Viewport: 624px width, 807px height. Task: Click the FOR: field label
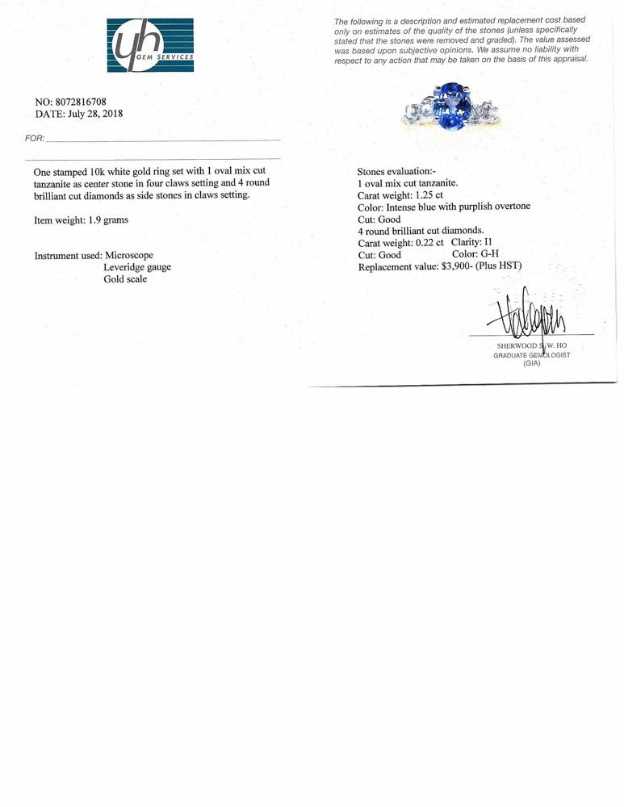(x=35, y=139)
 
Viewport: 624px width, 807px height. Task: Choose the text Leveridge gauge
(x=137, y=267)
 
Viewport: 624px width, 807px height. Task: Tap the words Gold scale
(x=125, y=279)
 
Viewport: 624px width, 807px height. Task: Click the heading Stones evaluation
(x=397, y=172)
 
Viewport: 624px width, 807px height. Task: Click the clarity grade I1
(x=486, y=242)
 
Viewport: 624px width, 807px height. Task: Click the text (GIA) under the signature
(x=531, y=364)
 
